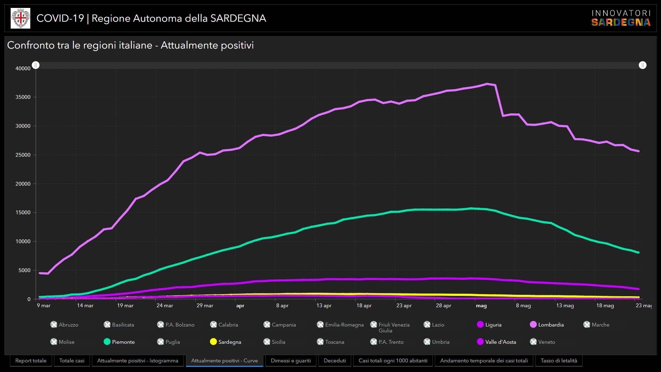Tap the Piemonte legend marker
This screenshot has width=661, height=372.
(x=107, y=342)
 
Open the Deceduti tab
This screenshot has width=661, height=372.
(x=335, y=361)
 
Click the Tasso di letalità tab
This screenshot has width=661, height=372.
(x=559, y=361)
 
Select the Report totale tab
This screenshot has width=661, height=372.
(x=31, y=361)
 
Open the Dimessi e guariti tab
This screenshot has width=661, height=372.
(x=291, y=361)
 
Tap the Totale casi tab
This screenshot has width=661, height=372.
(x=72, y=361)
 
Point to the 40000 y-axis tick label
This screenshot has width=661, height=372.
(x=23, y=69)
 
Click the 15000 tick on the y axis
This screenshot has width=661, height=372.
(x=23, y=213)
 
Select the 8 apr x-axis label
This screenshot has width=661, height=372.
(x=282, y=306)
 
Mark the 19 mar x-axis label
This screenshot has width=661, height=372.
(x=125, y=306)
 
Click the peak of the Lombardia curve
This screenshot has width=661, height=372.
(x=487, y=84)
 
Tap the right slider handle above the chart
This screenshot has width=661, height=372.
(x=642, y=65)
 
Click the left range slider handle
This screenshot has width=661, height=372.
(x=36, y=65)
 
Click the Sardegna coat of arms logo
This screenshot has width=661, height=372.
(x=21, y=18)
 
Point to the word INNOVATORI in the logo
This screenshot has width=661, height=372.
(x=621, y=13)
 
